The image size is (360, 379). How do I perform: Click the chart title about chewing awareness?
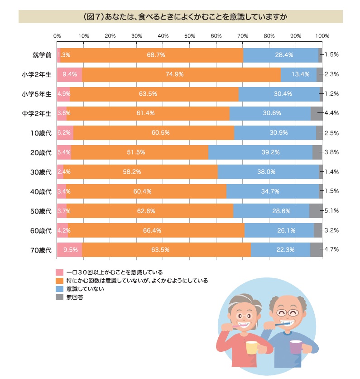[180, 16]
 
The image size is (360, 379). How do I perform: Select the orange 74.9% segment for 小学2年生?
[181, 74]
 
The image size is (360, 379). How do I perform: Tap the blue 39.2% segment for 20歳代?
[260, 153]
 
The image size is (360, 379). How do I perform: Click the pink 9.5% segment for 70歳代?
[69, 250]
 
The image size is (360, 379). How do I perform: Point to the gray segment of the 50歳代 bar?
[316, 211]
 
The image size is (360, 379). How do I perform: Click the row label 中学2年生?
[37, 113]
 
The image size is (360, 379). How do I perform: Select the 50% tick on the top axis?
[189, 35]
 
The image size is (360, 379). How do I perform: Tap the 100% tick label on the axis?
[322, 35]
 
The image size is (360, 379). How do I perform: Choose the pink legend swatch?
[59, 273]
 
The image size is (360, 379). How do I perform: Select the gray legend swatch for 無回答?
[59, 298]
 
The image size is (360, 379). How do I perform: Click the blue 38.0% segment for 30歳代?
[268, 172]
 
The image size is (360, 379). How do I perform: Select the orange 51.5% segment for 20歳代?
[139, 153]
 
